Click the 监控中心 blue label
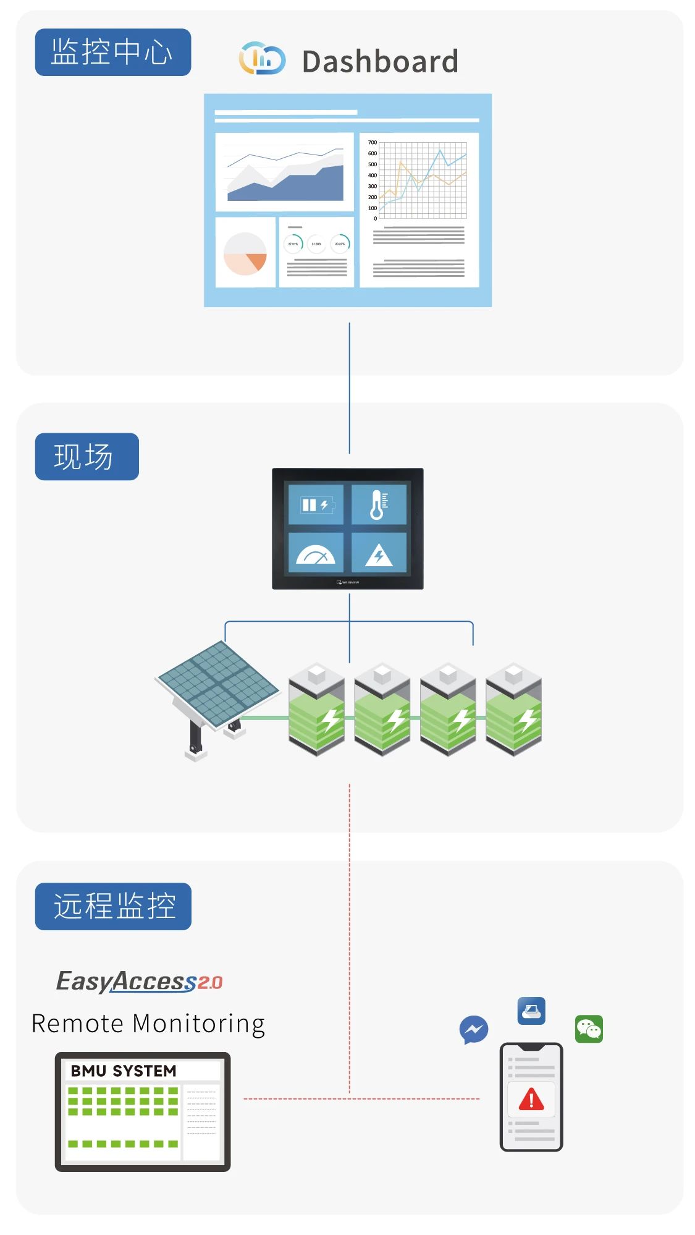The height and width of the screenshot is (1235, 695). [112, 52]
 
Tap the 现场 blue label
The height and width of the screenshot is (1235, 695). [86, 457]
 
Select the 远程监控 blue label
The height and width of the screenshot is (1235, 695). [113, 906]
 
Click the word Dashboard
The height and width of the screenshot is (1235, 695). [380, 62]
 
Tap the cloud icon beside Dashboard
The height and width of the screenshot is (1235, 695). [262, 59]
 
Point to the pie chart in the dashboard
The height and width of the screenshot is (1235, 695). [245, 253]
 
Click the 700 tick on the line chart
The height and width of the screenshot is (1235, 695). [373, 143]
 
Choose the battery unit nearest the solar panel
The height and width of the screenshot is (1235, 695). [317, 711]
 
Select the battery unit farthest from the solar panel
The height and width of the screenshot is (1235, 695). [513, 711]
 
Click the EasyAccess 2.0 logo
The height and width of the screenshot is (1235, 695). [139, 981]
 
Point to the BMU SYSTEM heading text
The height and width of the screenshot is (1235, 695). [124, 1071]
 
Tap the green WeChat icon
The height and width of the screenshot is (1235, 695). [589, 1029]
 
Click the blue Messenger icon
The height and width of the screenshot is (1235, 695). [474, 1030]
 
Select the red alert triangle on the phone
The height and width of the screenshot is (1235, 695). [531, 1100]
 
